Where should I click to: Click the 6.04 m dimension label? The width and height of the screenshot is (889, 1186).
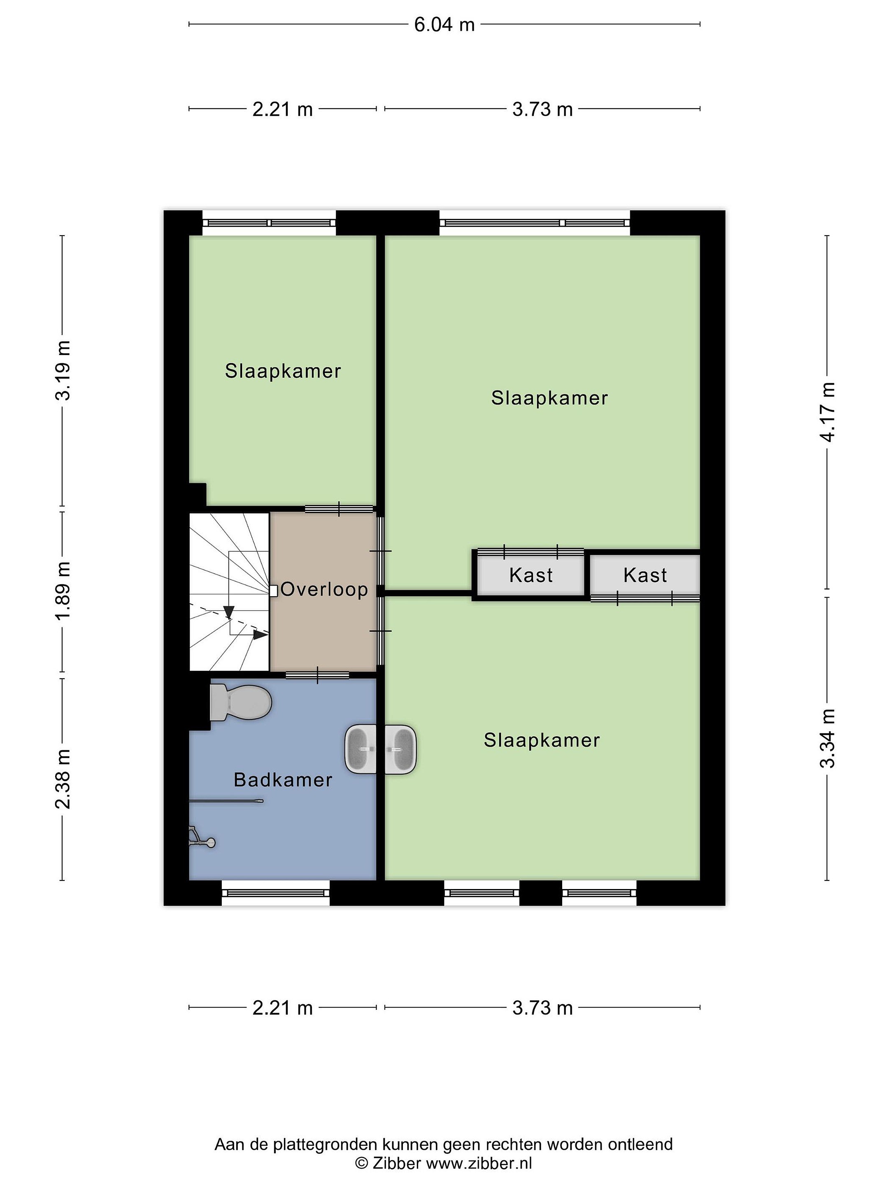click(x=444, y=24)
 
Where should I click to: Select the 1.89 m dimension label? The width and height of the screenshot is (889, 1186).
click(x=63, y=590)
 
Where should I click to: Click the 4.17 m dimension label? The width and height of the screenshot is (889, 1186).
click(x=827, y=412)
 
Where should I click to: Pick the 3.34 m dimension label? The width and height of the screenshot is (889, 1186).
click(x=827, y=738)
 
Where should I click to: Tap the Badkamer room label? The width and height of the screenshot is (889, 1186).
click(x=283, y=780)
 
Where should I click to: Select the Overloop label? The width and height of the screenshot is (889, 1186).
click(x=324, y=589)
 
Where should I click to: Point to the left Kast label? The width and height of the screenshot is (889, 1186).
click(x=531, y=575)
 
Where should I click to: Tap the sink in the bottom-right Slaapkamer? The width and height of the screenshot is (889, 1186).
click(x=400, y=749)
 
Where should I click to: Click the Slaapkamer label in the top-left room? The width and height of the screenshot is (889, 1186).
click(x=282, y=371)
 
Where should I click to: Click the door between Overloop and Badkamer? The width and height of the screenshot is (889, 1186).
click(x=317, y=675)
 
